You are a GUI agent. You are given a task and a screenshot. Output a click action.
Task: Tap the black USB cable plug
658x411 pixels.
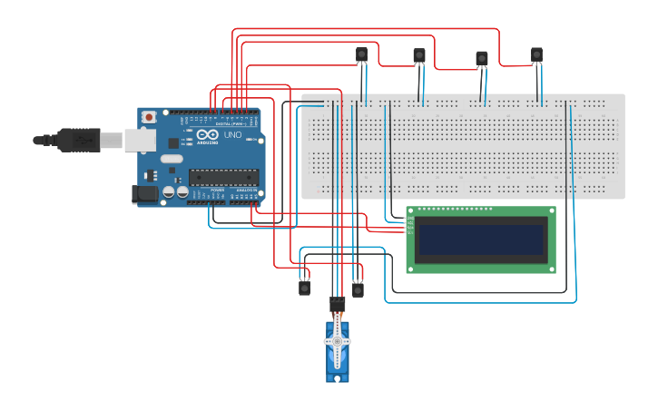(x=76, y=140)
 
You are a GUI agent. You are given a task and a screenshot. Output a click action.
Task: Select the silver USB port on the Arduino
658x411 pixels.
(x=139, y=139)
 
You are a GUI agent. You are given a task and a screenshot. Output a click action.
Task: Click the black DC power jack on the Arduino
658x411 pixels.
(x=142, y=193)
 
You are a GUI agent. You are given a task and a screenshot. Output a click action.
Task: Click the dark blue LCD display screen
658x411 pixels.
(x=480, y=240)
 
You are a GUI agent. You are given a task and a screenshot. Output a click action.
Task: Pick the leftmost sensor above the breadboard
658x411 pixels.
(x=361, y=55)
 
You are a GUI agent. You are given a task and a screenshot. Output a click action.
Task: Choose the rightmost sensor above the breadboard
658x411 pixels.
(x=537, y=56)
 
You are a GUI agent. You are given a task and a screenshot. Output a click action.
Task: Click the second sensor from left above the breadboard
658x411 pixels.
(x=418, y=57)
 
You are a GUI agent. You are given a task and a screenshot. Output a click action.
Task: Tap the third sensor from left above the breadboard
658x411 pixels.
(x=482, y=59)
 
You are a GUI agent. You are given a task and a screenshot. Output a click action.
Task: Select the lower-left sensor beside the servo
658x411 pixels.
(x=305, y=288)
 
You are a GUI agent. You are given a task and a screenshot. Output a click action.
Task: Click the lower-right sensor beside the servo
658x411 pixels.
(x=358, y=289)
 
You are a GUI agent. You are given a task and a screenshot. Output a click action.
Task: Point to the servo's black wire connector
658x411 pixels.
(x=338, y=303)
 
